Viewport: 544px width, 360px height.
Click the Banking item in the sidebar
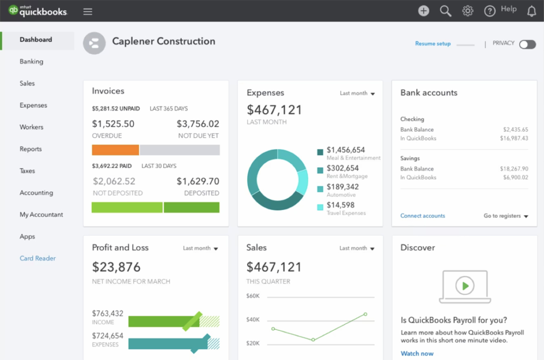coord(31,62)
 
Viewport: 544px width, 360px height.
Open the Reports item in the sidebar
coord(30,149)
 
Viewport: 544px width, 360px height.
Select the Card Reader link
coord(38,258)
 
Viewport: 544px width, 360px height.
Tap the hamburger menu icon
coord(88,11)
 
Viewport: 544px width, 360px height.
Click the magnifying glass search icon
coord(445,11)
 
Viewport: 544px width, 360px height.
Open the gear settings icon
coord(468,11)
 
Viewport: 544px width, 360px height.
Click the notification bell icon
coord(532,11)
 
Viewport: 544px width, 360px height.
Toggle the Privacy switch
coord(527,44)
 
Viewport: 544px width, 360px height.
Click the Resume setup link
coord(433,44)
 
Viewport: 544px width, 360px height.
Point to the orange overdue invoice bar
coord(115,150)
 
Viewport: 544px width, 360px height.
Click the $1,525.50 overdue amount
coord(113,124)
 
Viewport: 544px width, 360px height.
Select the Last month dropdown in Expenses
coord(357,93)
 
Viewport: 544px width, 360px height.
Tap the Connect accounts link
coord(422,216)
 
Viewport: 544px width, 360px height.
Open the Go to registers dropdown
coord(506,216)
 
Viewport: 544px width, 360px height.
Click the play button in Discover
coord(465,285)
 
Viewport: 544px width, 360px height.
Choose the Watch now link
coord(417,353)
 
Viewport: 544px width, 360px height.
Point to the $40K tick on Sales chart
coord(253,320)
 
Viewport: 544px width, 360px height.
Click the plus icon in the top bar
coord(423,11)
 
